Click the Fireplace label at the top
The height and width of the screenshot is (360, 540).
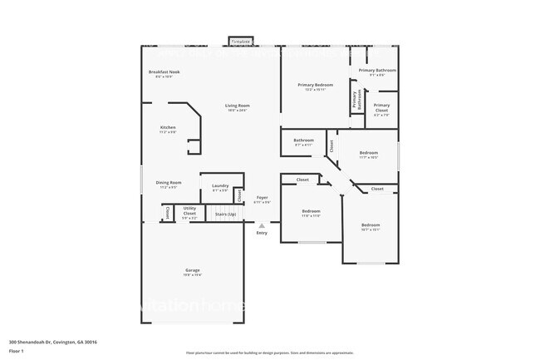click(241, 40)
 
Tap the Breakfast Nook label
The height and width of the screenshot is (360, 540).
click(164, 72)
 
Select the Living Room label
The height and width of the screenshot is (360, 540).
click(237, 106)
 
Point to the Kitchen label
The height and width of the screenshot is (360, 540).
click(168, 127)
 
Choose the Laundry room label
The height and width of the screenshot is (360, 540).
click(220, 185)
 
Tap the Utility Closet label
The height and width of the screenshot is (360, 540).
click(189, 212)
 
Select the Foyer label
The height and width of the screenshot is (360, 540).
click(262, 197)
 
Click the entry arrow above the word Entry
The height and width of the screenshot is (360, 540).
click(262, 224)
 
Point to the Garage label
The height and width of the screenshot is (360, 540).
click(192, 271)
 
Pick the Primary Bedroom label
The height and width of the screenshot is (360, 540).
click(316, 85)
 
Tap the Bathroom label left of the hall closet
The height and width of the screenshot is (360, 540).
click(303, 140)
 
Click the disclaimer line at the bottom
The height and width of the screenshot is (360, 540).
click(270, 353)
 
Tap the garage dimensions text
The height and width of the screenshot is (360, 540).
click(192, 276)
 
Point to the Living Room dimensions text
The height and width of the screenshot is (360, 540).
click(237, 111)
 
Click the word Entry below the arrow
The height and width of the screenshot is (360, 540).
click(262, 233)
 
